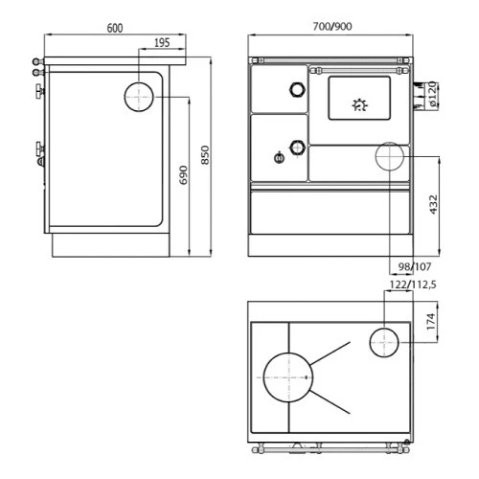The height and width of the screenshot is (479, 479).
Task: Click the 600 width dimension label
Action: [x=115, y=28]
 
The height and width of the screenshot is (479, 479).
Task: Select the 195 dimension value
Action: [x=162, y=43]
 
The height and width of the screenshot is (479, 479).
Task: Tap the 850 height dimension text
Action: [x=206, y=155]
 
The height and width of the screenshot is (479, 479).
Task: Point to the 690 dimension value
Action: [x=184, y=175]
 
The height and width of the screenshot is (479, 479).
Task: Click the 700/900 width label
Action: [x=332, y=27]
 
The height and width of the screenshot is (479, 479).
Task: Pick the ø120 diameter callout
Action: [x=432, y=94]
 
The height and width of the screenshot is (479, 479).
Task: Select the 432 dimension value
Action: [x=433, y=205]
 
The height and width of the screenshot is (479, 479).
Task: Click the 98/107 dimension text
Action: [x=415, y=266]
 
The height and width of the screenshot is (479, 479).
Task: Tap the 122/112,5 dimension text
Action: [x=413, y=285]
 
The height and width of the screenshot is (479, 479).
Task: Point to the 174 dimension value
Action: [x=431, y=322]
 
